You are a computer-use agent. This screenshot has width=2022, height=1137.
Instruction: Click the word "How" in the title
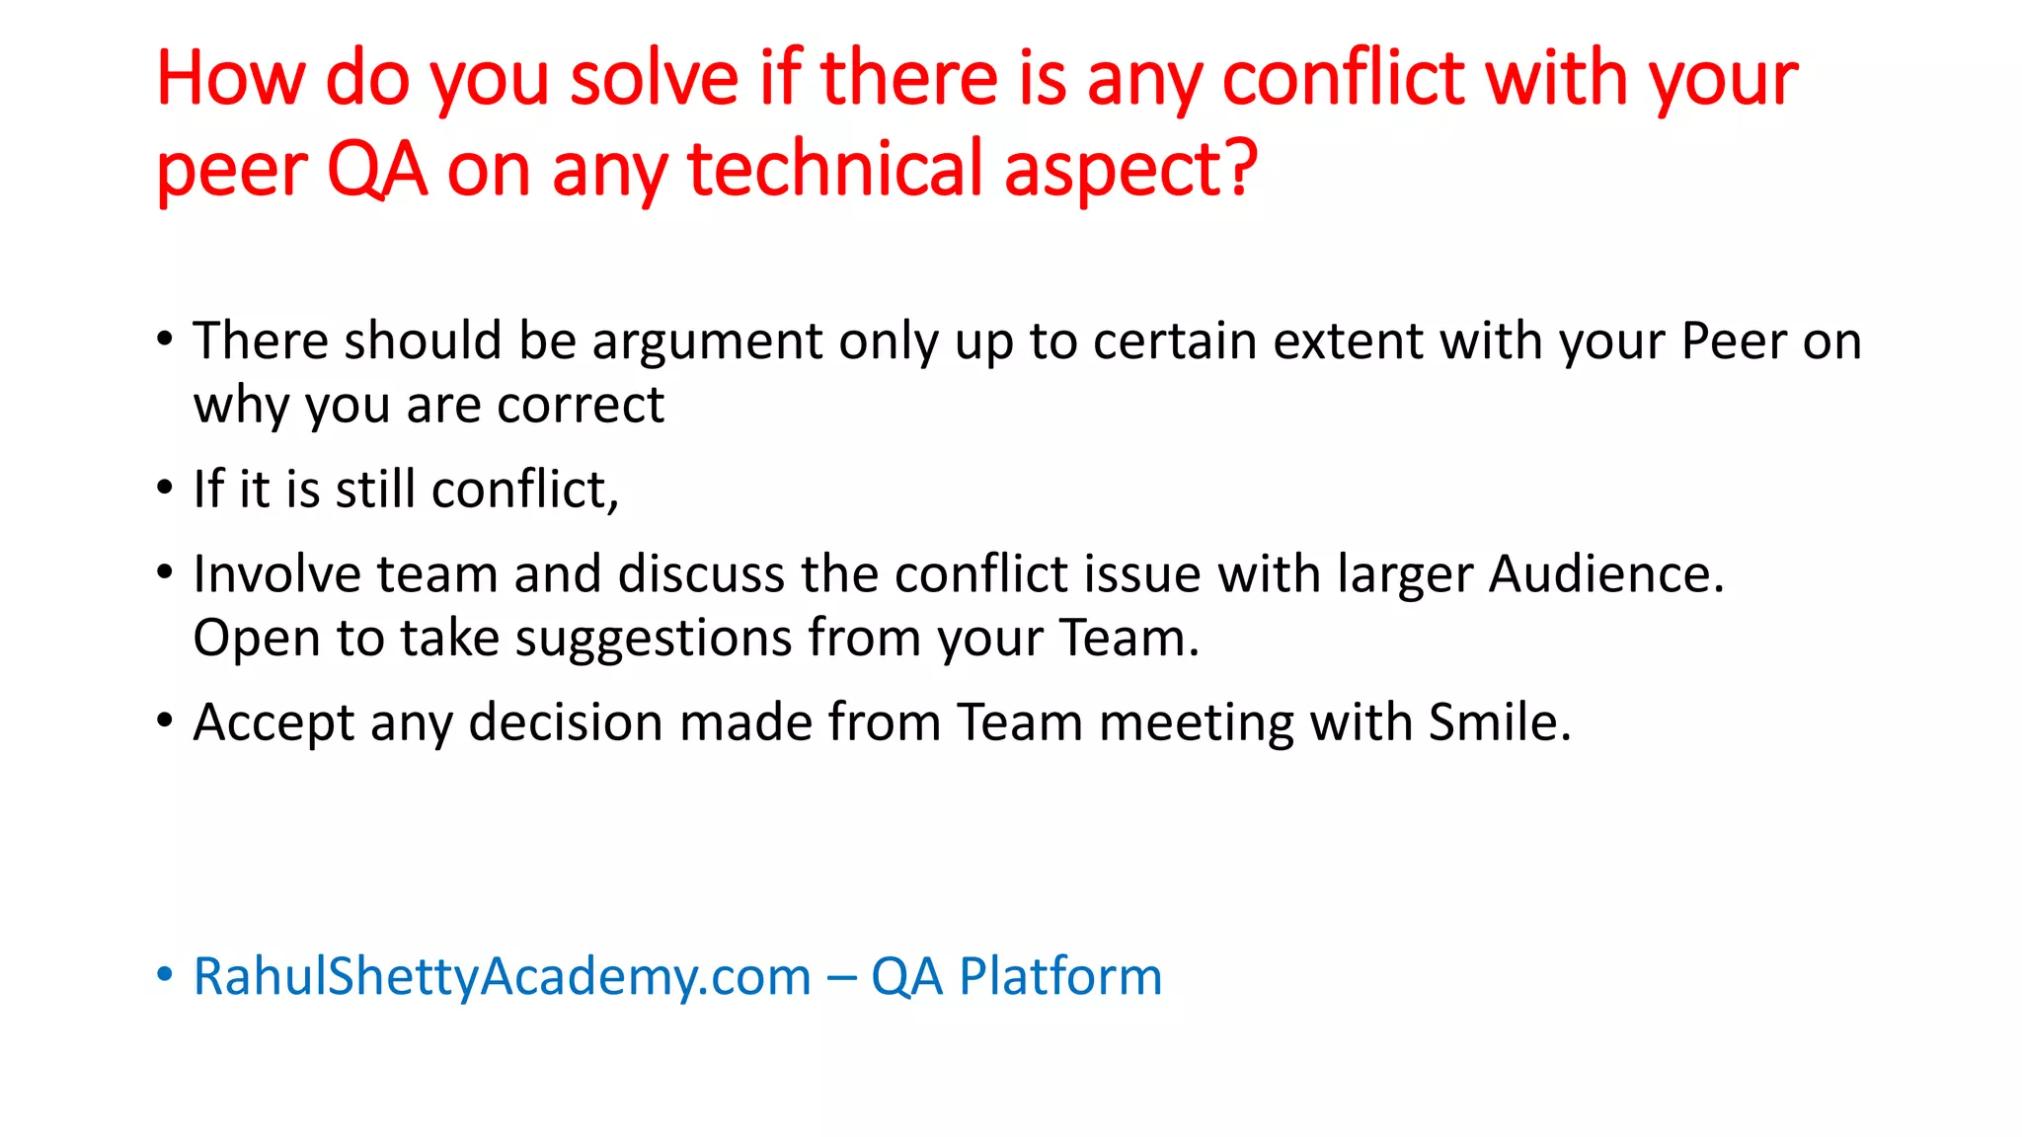tap(230, 78)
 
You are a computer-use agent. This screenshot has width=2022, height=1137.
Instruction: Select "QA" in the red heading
tap(376, 170)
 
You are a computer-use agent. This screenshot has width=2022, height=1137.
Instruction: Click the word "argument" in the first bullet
tap(706, 342)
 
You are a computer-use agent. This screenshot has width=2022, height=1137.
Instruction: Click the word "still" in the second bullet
tap(375, 490)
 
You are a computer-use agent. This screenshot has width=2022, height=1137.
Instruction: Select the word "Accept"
tap(273, 723)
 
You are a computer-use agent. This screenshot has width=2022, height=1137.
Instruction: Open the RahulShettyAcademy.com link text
tap(502, 977)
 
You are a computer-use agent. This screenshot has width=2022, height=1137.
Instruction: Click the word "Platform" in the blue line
tap(1060, 977)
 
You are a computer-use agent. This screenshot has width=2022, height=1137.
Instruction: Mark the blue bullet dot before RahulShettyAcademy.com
tap(165, 974)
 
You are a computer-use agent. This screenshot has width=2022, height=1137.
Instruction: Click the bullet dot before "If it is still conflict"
tap(165, 488)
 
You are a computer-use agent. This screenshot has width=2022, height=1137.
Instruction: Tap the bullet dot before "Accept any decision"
tap(165, 720)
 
